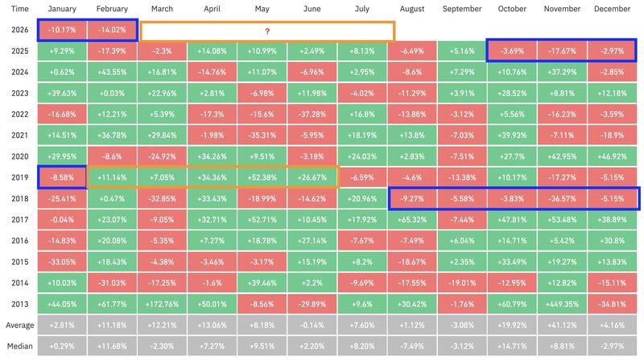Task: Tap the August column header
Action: [x=412, y=9]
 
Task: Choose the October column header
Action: [x=512, y=9]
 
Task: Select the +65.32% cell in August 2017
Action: [x=412, y=218]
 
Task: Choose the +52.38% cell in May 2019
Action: [x=262, y=176]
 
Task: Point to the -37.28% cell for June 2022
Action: [x=312, y=113]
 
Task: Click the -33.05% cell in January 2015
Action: [x=62, y=261]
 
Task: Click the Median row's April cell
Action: [x=213, y=346]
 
